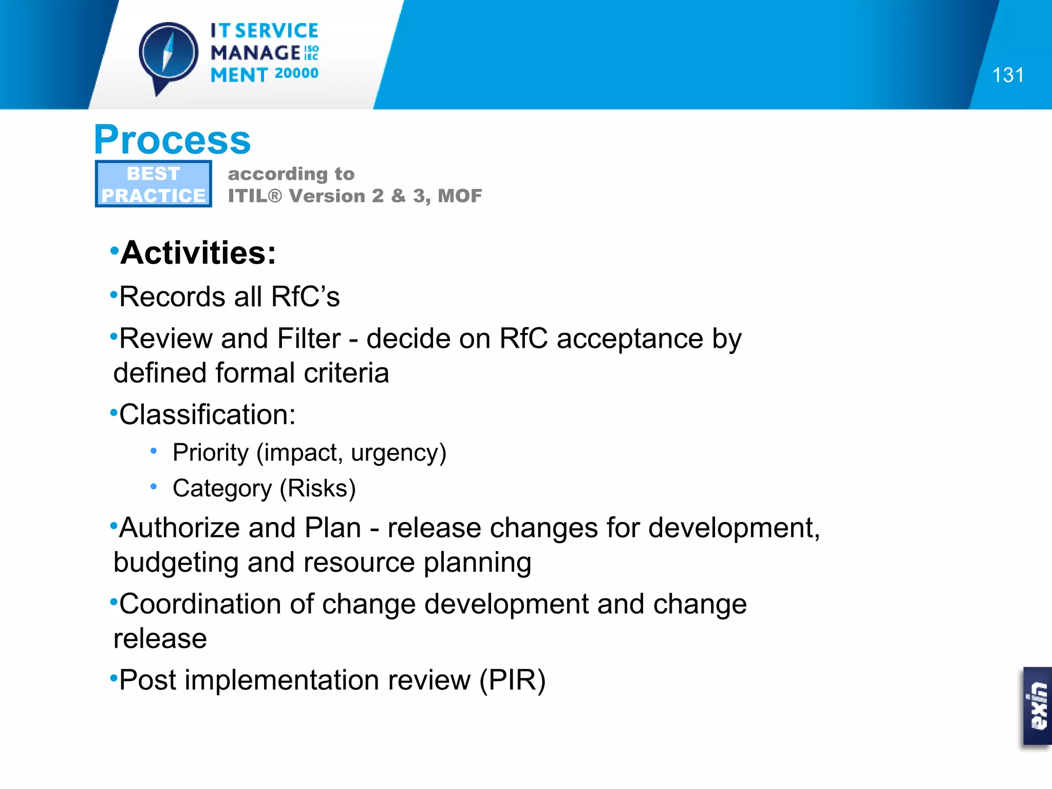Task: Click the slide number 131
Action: [1007, 76]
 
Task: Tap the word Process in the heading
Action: [173, 140]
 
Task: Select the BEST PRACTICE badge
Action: [153, 184]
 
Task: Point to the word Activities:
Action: [198, 253]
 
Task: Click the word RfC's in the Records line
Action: [305, 297]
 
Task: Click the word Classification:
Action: [208, 415]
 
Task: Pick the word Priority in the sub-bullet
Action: [211, 453]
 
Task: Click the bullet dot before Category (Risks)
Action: [153, 486]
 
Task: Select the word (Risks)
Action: [317, 489]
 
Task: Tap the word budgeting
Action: [176, 563]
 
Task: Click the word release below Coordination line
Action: [160, 639]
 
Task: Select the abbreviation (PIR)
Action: [512, 681]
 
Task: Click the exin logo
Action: [1038, 706]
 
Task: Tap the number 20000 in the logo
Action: [296, 73]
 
